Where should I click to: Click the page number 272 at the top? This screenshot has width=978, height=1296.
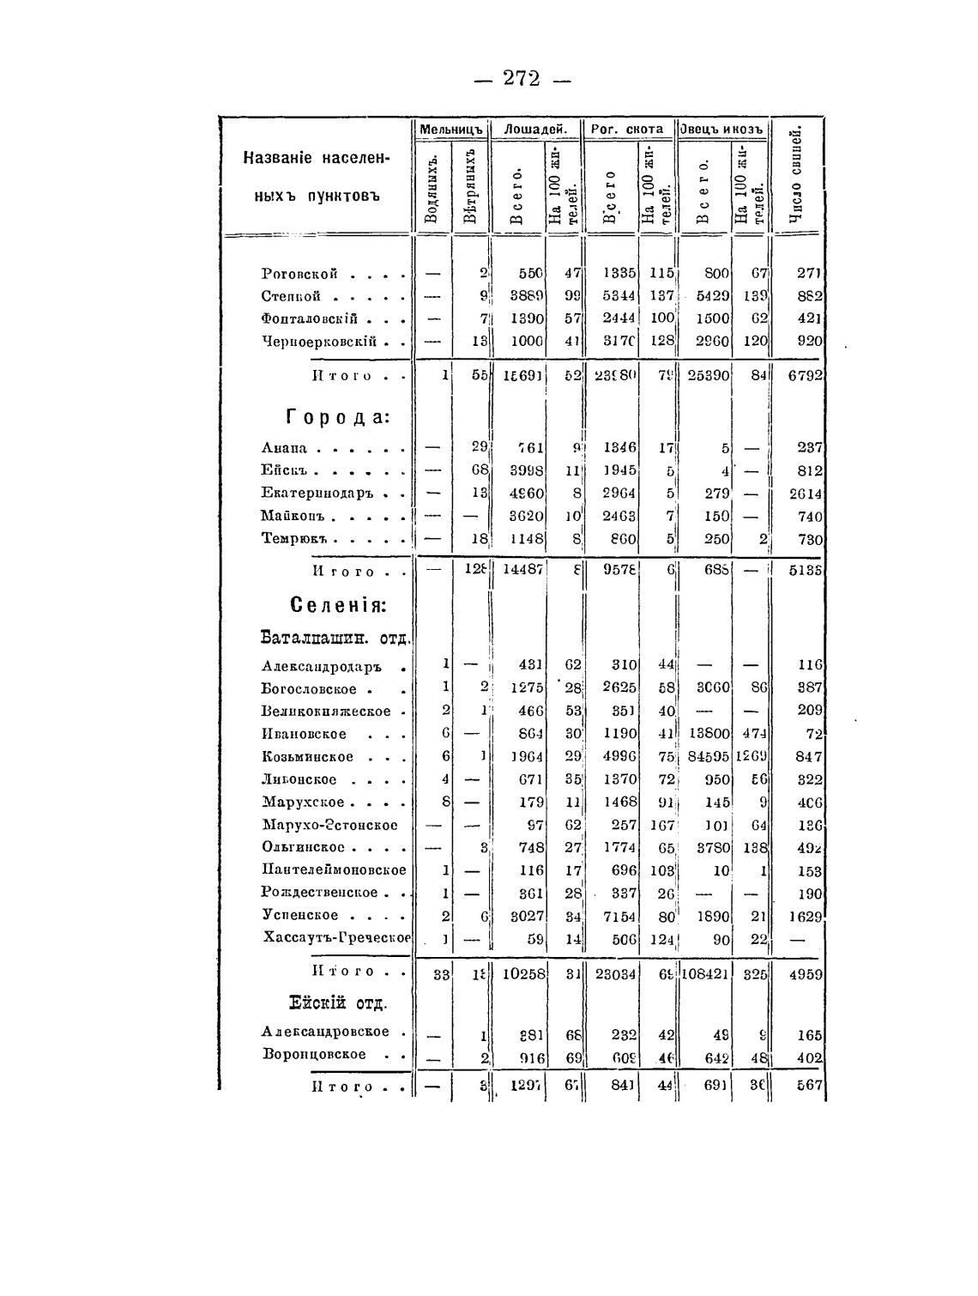point(522,78)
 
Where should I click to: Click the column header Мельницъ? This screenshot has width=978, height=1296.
point(453,129)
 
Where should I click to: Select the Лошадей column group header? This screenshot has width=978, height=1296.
point(536,129)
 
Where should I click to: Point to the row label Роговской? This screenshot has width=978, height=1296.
point(299,274)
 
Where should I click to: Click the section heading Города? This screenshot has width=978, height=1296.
point(337,417)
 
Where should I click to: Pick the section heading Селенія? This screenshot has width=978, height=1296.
point(339,604)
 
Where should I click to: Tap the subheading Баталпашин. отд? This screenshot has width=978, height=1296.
point(335,638)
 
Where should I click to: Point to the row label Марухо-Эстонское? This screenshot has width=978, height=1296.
point(330,826)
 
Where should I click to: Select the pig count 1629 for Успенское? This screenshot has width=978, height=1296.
point(805,916)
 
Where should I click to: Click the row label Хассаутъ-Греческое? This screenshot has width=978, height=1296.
point(337,937)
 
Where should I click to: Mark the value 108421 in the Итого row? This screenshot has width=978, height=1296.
point(706,974)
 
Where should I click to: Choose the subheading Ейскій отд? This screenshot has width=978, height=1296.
point(337,1002)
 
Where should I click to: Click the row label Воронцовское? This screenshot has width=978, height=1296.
point(314,1055)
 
